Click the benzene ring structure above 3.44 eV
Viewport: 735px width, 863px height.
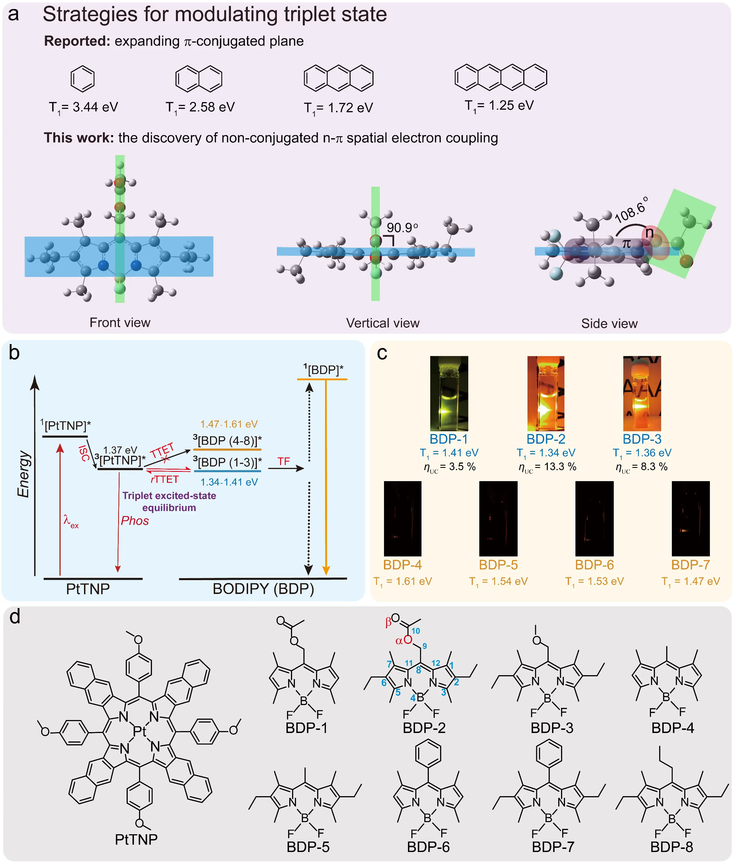coord(82,78)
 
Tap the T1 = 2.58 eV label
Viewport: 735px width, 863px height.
coord(200,107)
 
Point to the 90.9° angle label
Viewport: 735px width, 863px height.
coord(402,227)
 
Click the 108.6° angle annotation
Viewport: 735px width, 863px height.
coord(631,210)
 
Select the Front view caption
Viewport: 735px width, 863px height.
coord(120,322)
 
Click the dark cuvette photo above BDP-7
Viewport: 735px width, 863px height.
coord(690,519)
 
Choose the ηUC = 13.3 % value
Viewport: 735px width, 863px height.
coord(547,467)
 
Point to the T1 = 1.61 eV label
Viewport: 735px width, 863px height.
coord(403,582)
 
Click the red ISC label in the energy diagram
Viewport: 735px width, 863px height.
coord(84,453)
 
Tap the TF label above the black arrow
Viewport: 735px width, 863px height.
coord(284,461)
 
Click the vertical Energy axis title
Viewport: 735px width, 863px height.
coord(24,474)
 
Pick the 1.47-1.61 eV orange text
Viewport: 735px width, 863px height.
coord(229,424)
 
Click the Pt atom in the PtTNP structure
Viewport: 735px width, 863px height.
coord(140,731)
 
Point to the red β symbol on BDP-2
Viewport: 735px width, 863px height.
coord(388,622)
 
